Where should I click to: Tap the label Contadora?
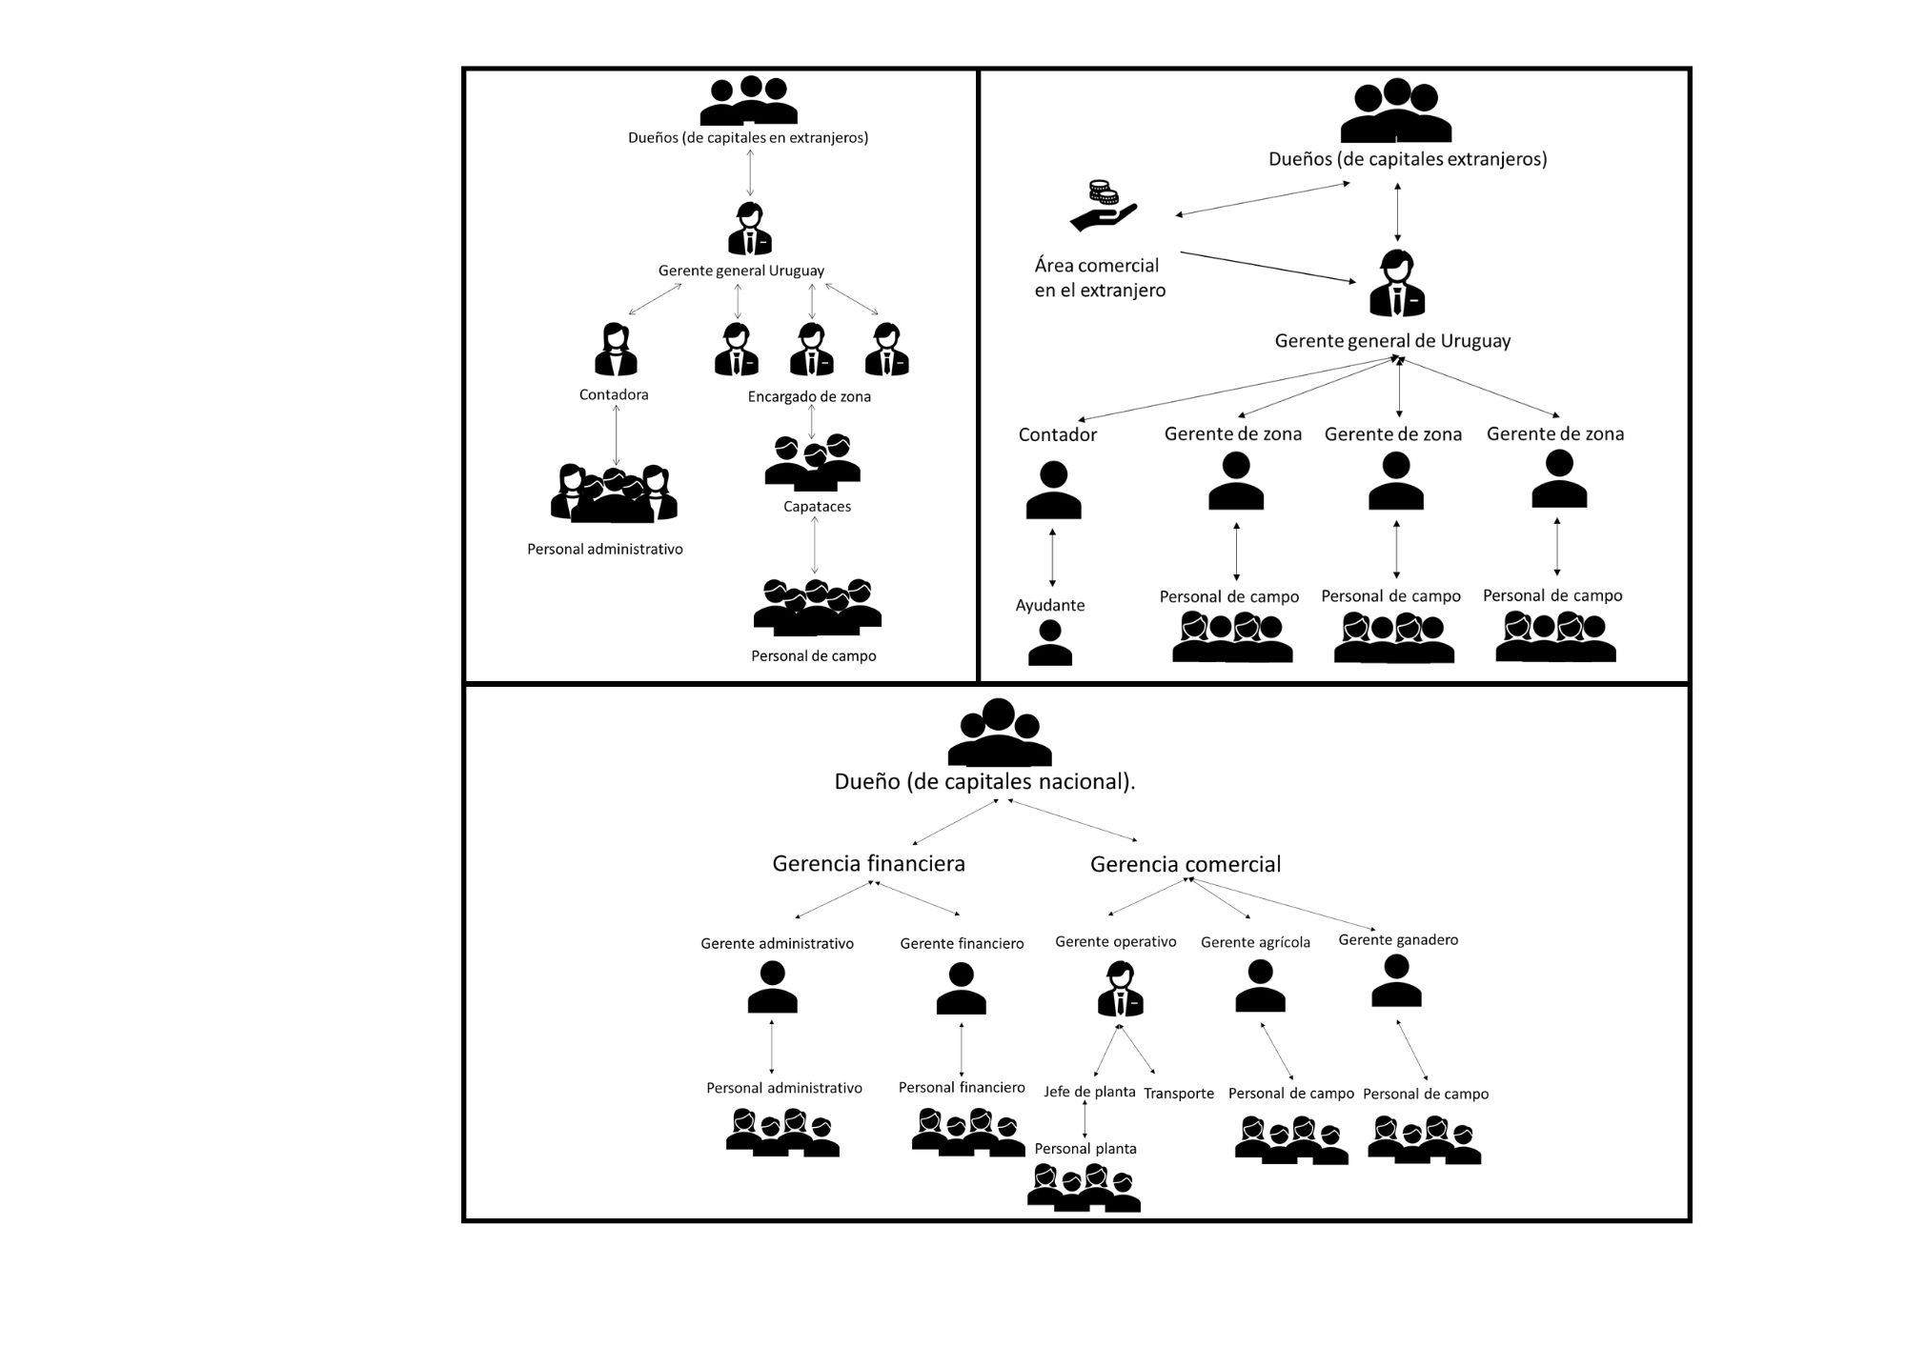tap(614, 394)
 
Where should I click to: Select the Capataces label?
tap(817, 507)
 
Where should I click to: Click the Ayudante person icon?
tap(1050, 643)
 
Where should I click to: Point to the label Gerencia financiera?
tap(868, 864)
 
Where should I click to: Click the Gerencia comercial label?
tap(1186, 865)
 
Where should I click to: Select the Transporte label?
tap(1179, 1094)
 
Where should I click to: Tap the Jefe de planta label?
tap(1089, 1092)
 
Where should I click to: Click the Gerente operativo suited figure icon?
tap(1120, 990)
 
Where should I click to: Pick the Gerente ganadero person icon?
tap(1396, 981)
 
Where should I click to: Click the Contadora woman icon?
tap(615, 350)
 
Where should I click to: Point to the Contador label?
tap(1057, 435)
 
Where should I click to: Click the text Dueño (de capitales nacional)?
tap(984, 782)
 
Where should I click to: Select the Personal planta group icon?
tap(1084, 1188)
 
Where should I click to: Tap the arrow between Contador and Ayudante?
tap(1052, 557)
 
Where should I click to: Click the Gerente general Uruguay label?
tap(740, 271)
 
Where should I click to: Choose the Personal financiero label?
tap(962, 1088)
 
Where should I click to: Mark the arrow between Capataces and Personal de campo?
tap(814, 545)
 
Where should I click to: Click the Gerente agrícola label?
tap(1255, 942)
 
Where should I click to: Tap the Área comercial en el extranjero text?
tap(1100, 278)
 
